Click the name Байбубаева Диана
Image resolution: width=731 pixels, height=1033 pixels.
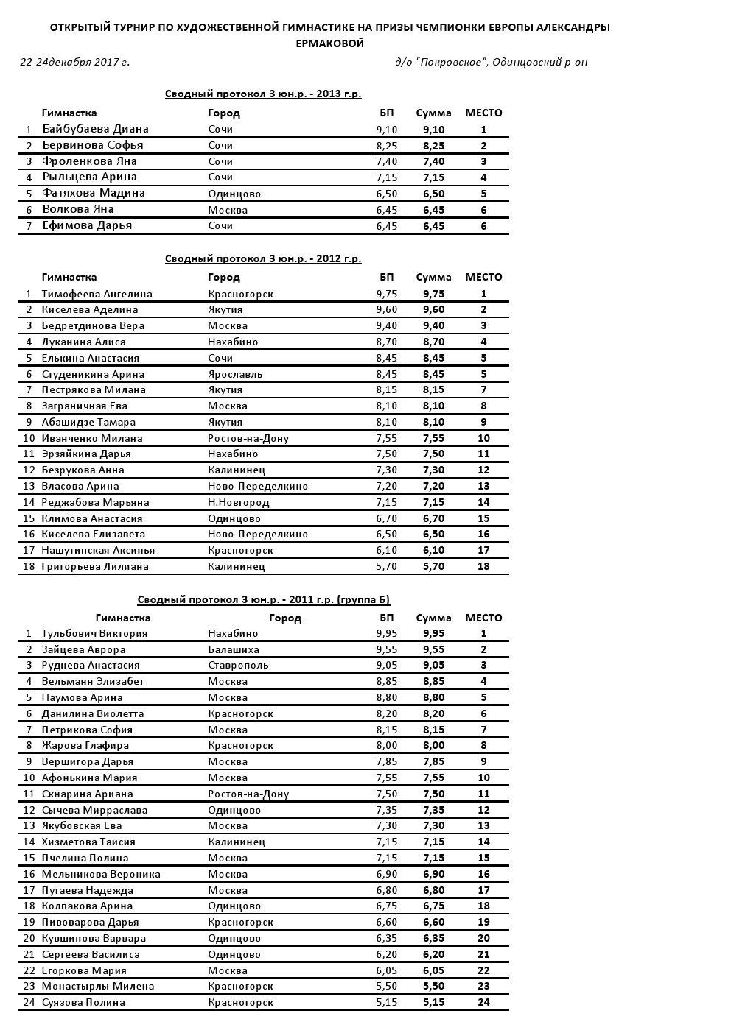95,129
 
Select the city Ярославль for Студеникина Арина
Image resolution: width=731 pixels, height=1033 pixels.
235,374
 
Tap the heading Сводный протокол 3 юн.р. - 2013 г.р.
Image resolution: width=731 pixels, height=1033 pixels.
263,94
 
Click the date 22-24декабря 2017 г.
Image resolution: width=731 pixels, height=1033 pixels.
74,62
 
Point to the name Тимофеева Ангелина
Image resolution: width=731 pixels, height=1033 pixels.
97,294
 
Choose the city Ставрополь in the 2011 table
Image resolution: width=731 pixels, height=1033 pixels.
238,666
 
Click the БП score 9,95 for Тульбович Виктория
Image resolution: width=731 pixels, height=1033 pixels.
386,633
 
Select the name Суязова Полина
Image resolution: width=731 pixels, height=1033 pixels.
83,1003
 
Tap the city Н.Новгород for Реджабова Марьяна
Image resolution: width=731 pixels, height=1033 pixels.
238,503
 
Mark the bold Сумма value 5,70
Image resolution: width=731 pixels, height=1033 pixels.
433,567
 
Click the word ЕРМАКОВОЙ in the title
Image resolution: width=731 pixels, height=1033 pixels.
330,44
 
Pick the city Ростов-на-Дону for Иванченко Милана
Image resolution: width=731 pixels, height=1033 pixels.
248,439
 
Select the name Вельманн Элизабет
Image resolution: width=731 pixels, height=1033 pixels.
93,682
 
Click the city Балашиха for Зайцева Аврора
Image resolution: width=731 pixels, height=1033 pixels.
234,650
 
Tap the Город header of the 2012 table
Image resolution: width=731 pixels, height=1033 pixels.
224,278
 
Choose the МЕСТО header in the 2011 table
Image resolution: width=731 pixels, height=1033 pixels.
483,618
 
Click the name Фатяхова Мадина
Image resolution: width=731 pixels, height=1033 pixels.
94,194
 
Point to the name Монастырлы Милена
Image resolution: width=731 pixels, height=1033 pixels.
98,987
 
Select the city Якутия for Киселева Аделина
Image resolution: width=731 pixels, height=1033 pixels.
225,310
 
